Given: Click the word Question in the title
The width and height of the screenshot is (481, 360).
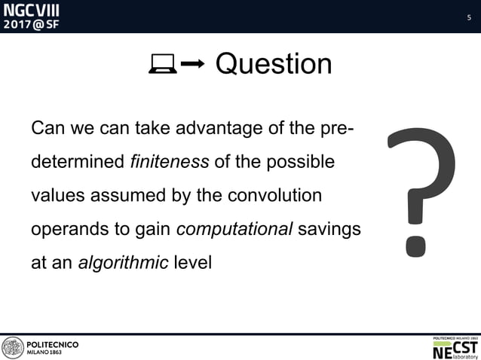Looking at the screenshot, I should pyautogui.click(x=273, y=65).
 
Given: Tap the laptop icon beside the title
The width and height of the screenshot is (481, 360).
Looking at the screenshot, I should pyautogui.click(x=163, y=66).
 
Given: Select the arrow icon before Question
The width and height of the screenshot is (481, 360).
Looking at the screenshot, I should pyautogui.click(x=193, y=66).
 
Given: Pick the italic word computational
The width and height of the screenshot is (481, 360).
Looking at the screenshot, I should pyautogui.click(x=234, y=230).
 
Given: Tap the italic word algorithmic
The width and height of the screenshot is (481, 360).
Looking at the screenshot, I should pyautogui.click(x=123, y=264).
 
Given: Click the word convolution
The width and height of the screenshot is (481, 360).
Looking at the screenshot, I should pyautogui.click(x=275, y=196).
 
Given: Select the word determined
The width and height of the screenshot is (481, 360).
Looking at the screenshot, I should pyautogui.click(x=78, y=162).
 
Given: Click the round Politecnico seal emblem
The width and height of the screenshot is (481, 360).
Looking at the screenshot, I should pyautogui.click(x=13, y=347).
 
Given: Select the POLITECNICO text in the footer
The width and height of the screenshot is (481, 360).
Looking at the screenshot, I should pyautogui.click(x=53, y=344).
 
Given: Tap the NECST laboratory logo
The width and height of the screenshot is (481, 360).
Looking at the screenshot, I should pyautogui.click(x=455, y=347).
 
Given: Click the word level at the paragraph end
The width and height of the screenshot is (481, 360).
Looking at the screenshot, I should pyautogui.click(x=192, y=264).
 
